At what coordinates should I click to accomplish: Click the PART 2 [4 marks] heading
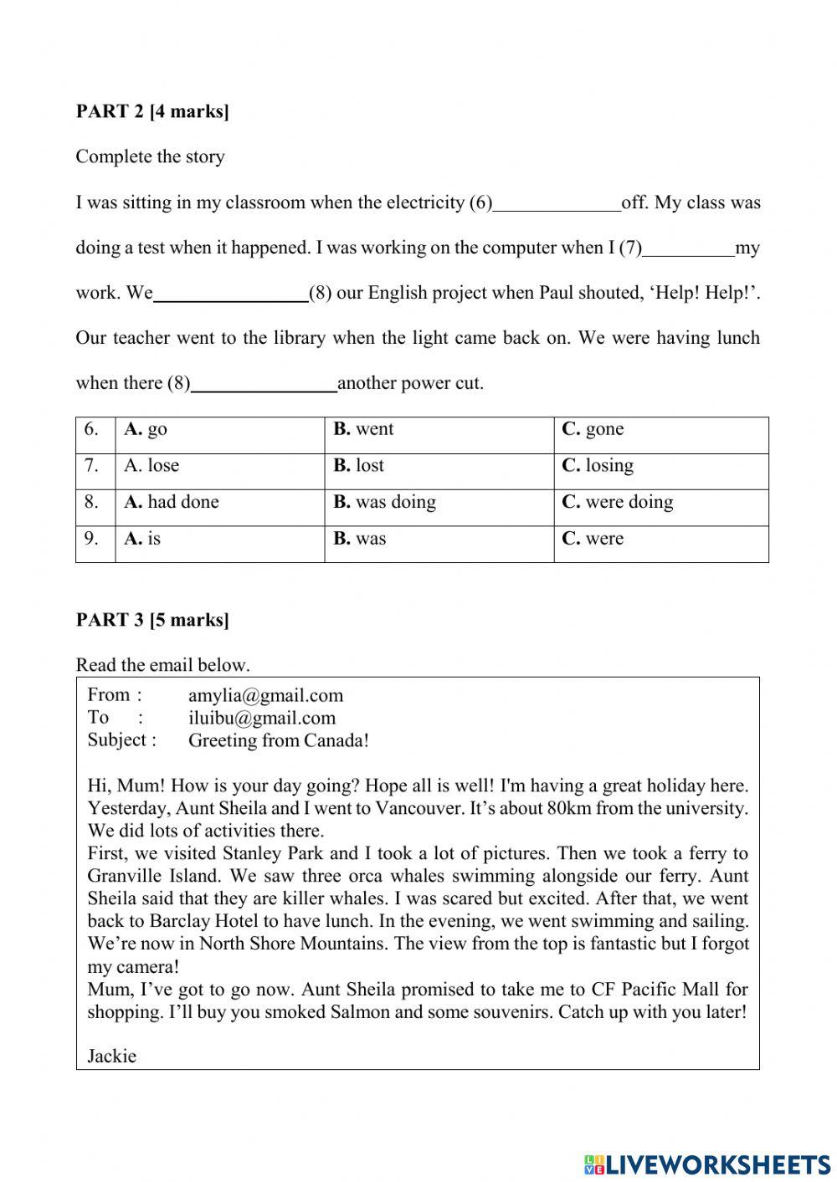[151, 111]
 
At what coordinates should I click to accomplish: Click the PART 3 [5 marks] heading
[151, 620]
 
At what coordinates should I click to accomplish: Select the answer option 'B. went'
[363, 429]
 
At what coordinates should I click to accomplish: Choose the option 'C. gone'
[593, 429]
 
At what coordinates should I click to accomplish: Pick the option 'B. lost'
[359, 466]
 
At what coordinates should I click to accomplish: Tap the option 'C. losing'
[598, 466]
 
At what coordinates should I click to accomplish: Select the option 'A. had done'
[172, 502]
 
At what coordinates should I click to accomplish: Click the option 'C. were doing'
[618, 502]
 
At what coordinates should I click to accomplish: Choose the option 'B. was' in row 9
[360, 539]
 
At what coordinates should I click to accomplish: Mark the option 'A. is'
[142, 539]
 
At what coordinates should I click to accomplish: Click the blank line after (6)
[557, 205]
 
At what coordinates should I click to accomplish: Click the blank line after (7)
[688, 250]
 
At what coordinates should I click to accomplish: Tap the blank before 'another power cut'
[264, 386]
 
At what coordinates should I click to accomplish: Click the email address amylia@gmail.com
[265, 695]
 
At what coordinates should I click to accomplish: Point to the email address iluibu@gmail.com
[261, 718]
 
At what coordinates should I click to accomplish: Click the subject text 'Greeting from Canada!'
[278, 740]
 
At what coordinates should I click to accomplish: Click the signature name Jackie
[111, 1056]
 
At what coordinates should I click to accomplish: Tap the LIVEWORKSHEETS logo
[706, 1164]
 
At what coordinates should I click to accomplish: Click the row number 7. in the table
[91, 466]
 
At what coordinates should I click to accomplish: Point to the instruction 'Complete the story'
[150, 156]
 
